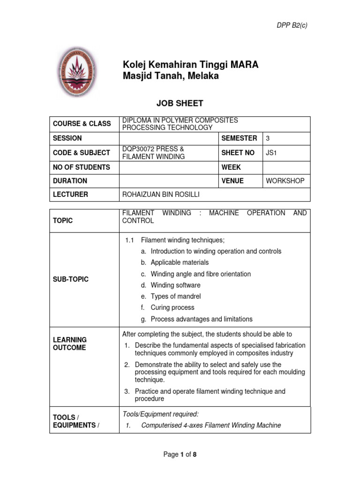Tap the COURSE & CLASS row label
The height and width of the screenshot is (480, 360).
82,124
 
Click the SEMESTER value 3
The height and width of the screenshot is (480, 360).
268,138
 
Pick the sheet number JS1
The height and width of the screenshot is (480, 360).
271,153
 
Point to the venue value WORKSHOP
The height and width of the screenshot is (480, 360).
285,181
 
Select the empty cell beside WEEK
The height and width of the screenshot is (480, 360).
285,167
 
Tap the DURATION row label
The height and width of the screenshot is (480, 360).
70,181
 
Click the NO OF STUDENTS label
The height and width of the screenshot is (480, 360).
82,167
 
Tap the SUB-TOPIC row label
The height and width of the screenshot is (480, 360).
71,279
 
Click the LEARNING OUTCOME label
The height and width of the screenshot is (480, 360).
70,344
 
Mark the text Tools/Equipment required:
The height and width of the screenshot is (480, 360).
161,413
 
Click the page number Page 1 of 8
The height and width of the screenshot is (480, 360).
180,454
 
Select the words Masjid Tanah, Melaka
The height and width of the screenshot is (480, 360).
171,76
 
